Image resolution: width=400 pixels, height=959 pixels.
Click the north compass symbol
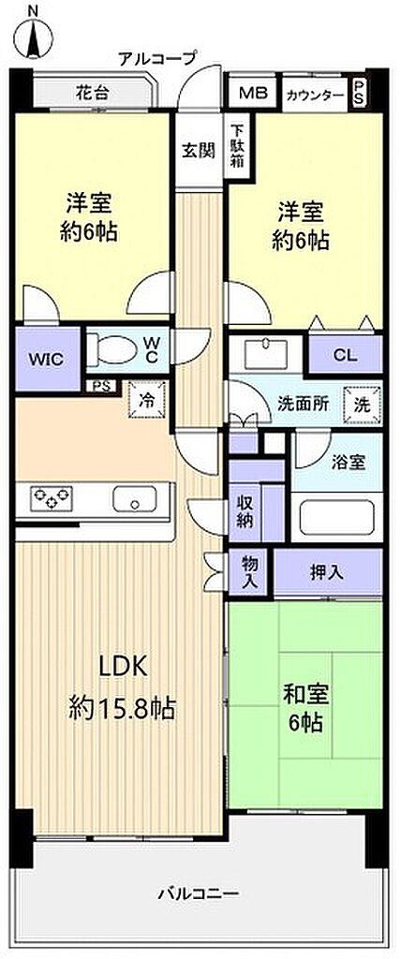click(x=32, y=33)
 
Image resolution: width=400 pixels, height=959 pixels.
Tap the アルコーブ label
click(x=157, y=59)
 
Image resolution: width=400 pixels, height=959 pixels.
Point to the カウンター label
click(x=315, y=95)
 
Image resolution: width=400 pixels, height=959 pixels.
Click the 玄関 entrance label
click(x=199, y=151)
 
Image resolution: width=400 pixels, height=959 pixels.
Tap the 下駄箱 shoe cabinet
click(x=237, y=147)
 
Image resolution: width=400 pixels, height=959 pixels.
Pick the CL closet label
click(x=345, y=355)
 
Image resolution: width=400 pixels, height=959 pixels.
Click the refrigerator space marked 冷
click(x=147, y=400)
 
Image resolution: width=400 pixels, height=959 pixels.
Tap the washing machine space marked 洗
click(x=363, y=405)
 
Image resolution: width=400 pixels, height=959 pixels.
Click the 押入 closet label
click(x=327, y=572)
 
